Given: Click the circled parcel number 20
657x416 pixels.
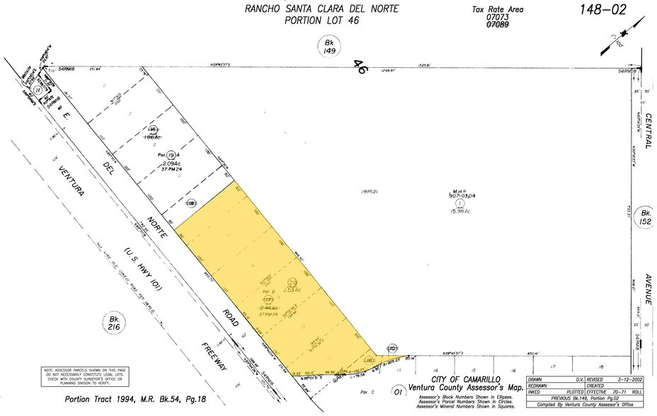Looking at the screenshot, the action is coord(293,282).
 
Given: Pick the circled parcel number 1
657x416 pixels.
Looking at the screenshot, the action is coord(459,203).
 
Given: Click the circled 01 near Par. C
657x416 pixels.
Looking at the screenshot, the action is coord(398,390).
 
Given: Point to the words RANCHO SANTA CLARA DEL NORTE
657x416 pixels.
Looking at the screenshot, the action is coord(321,9).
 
